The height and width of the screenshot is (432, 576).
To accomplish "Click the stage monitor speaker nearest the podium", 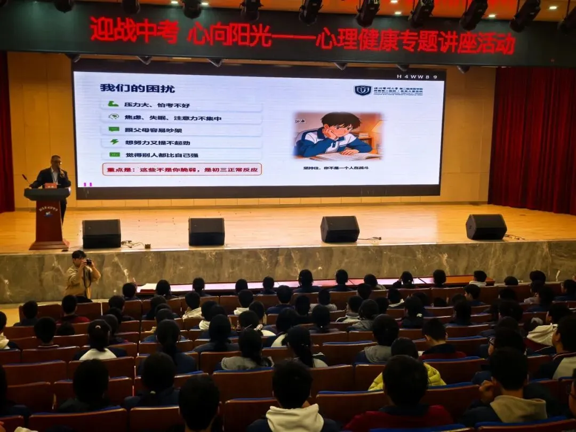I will (x=101, y=233).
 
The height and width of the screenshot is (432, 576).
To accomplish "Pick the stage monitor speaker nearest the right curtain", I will (x=486, y=227).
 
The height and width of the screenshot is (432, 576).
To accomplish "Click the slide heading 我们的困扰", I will (x=137, y=89).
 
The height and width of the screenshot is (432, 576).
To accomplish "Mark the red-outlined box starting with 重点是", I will (x=182, y=170).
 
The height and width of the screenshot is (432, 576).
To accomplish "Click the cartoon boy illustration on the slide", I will (x=337, y=135).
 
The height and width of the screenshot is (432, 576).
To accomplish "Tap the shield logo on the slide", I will (x=363, y=90).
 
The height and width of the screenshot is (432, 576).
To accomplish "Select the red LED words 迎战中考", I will (x=134, y=30).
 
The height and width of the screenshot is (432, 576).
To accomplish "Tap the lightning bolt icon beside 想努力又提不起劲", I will (x=114, y=142).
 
